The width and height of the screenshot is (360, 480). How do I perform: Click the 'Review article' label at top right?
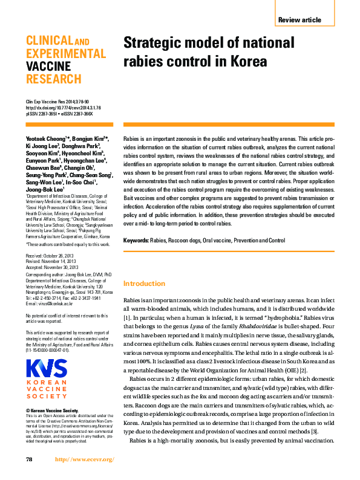(x=299, y=20)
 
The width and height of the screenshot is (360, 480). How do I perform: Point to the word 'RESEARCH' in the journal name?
(x=53, y=79)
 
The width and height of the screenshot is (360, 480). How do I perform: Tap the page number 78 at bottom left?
(x=29, y=459)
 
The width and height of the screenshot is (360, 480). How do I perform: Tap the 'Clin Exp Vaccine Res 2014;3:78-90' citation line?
(x=57, y=102)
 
